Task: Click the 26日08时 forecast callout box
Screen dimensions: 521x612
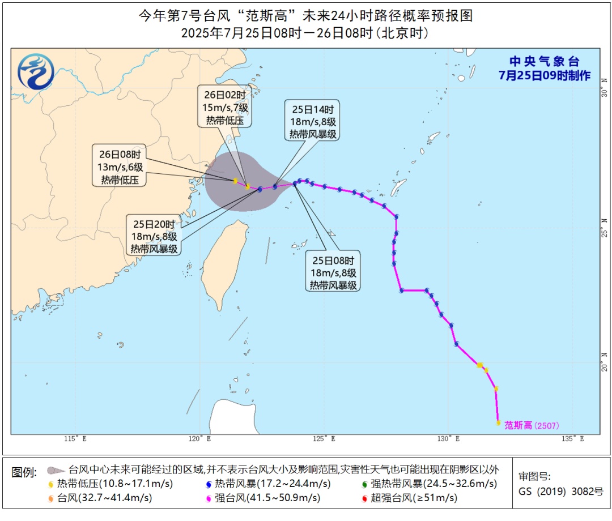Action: click(x=120, y=165)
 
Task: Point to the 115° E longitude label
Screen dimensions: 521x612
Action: click(x=75, y=439)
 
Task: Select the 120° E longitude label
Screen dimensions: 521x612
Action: click(x=200, y=439)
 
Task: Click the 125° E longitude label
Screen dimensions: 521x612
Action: click(x=325, y=439)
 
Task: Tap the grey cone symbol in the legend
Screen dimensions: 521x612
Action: click(x=55, y=470)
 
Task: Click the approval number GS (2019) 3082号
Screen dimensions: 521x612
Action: click(x=561, y=491)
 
